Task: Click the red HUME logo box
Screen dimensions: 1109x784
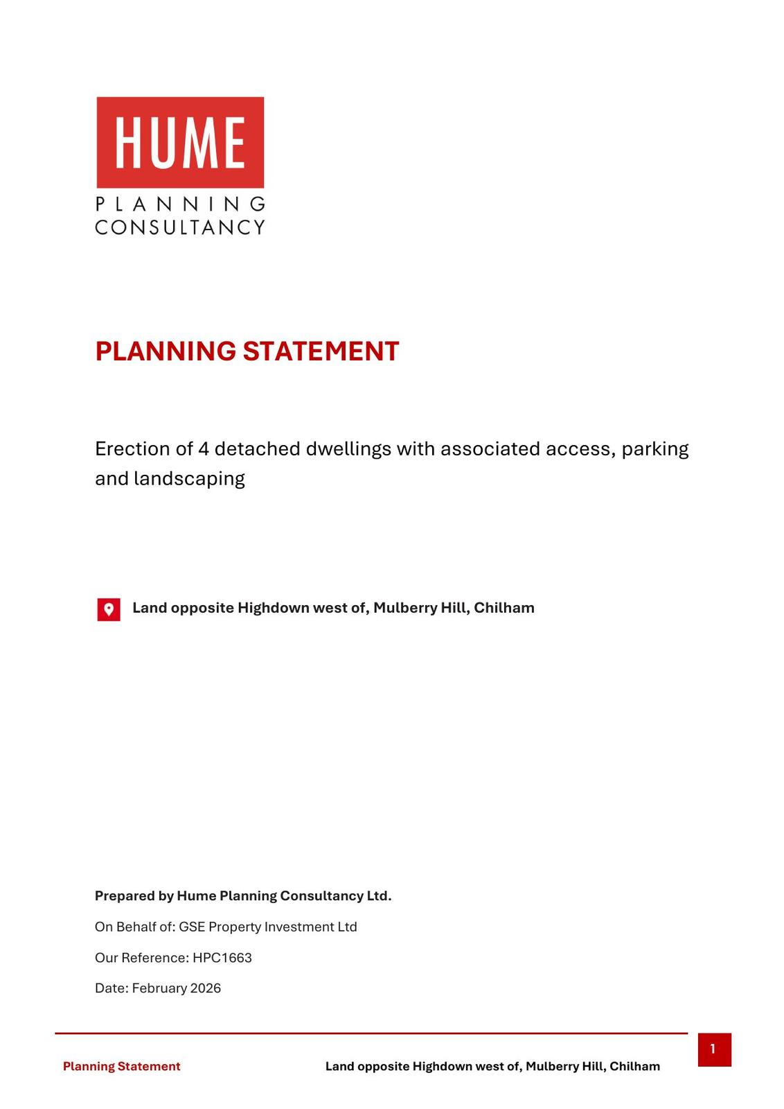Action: (x=180, y=142)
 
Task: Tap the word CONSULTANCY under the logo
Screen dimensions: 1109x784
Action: (x=180, y=227)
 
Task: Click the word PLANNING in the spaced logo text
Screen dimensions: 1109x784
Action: (x=180, y=204)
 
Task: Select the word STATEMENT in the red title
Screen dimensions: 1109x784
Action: (x=321, y=351)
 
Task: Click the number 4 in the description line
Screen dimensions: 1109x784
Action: (x=204, y=449)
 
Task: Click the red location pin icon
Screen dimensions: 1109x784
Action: (x=109, y=609)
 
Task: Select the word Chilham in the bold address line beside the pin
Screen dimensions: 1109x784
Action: (x=504, y=608)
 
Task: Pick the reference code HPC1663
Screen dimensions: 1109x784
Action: (x=222, y=958)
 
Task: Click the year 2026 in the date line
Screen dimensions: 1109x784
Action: (x=206, y=988)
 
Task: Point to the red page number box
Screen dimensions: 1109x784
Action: (x=714, y=1049)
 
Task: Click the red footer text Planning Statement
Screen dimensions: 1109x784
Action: (x=122, y=1067)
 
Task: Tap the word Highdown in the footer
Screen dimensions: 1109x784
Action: (x=439, y=1067)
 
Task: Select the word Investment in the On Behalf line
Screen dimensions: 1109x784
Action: (x=296, y=927)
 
